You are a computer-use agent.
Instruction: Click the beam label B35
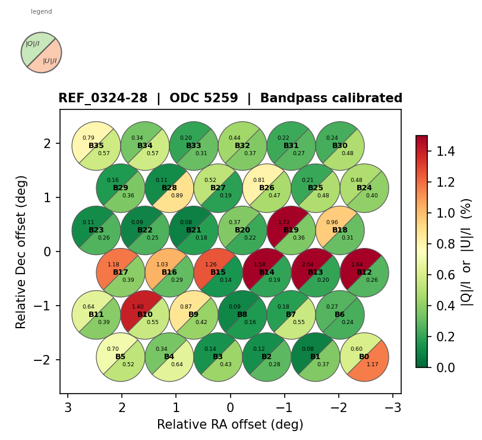[96, 146]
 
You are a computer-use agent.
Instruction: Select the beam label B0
[364, 357]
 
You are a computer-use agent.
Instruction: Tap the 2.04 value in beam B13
[308, 265]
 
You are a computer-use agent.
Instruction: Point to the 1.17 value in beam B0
[373, 364]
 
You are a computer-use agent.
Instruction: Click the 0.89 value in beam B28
[177, 195]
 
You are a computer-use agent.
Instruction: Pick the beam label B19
[291, 230]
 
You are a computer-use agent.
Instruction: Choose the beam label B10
[145, 315]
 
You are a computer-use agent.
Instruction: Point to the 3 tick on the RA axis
[68, 408]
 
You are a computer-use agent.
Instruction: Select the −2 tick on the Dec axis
[47, 360]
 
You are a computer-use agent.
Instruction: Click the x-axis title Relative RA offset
[230, 425]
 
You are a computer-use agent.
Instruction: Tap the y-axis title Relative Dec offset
[21, 252]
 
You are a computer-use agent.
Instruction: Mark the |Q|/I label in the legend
[33, 43]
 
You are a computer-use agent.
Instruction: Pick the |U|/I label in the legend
[50, 61]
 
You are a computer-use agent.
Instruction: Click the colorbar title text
[467, 252]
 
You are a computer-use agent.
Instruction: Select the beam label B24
[364, 188]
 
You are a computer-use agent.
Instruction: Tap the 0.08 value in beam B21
[186, 222]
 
